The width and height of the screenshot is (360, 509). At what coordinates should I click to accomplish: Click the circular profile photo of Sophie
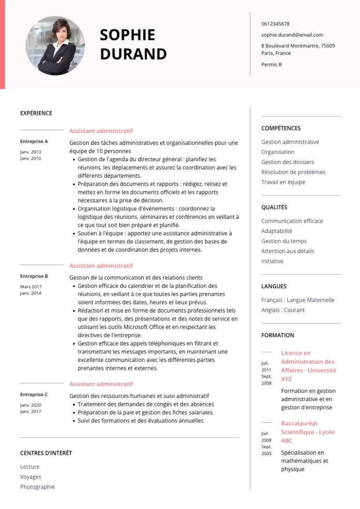tap(55, 45)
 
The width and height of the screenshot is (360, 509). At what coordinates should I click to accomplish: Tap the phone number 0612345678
tap(275, 24)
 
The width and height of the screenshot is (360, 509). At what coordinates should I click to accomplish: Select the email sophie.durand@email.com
tap(292, 35)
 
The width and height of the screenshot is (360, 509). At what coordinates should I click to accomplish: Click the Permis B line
tap(271, 64)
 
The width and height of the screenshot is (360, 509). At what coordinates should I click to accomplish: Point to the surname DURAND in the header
tap(133, 54)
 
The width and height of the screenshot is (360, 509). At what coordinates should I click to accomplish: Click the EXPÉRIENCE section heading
tap(36, 113)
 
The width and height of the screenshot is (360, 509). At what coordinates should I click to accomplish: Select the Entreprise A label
tap(34, 141)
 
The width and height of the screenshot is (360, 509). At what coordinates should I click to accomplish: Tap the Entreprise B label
tap(34, 276)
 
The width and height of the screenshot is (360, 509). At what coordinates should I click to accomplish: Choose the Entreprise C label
tap(34, 394)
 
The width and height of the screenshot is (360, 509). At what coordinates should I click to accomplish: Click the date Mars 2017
tap(31, 286)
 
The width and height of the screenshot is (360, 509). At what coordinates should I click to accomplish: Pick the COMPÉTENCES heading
tap(281, 128)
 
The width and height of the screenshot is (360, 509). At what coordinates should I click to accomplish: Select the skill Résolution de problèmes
tap(293, 172)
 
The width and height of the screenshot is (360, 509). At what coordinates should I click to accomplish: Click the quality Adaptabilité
tap(277, 231)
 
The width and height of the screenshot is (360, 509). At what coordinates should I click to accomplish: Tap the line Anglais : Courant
tap(283, 310)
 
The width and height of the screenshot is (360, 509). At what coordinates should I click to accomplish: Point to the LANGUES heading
tap(274, 286)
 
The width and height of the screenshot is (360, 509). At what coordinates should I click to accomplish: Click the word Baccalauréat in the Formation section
tap(299, 423)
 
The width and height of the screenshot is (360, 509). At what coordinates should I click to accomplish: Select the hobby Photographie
tap(37, 487)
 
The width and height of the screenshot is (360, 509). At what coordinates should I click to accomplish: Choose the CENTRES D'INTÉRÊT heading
tap(46, 453)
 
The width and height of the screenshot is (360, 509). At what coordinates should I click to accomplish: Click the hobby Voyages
tap(30, 477)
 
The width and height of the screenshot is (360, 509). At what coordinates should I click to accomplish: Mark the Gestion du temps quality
tap(284, 241)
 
